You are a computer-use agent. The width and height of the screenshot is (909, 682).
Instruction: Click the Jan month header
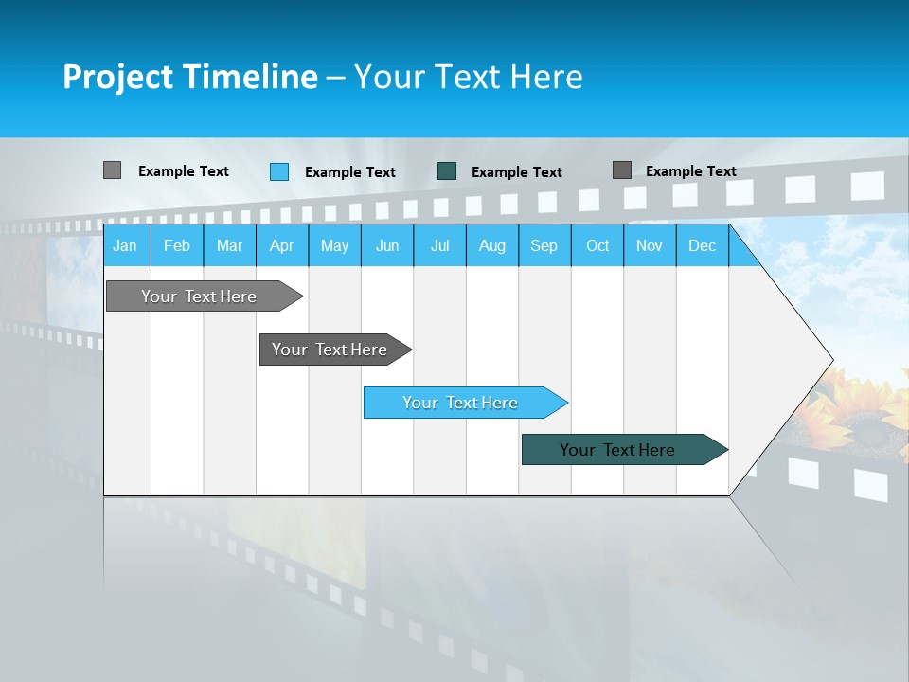[x=125, y=245]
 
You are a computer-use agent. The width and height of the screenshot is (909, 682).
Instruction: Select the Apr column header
[x=281, y=245]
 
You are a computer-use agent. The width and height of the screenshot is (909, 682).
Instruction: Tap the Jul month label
[x=439, y=245]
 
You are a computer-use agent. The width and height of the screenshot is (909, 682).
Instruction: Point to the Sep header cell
[x=544, y=245]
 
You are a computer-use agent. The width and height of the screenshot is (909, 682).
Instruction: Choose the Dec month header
[x=702, y=245]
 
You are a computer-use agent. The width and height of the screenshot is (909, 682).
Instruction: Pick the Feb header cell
[x=177, y=245]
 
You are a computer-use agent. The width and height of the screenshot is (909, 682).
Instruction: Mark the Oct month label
[x=597, y=245]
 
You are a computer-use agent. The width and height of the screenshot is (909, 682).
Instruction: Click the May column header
[x=334, y=245]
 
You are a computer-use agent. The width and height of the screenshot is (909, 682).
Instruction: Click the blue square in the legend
[x=279, y=171]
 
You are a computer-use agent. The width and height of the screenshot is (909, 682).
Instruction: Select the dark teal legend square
[x=447, y=171]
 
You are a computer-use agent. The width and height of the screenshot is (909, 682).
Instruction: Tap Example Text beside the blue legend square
[x=350, y=172]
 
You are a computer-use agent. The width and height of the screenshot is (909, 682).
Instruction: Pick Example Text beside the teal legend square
[x=517, y=172]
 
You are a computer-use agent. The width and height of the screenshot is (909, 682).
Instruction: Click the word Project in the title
[x=116, y=77]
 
